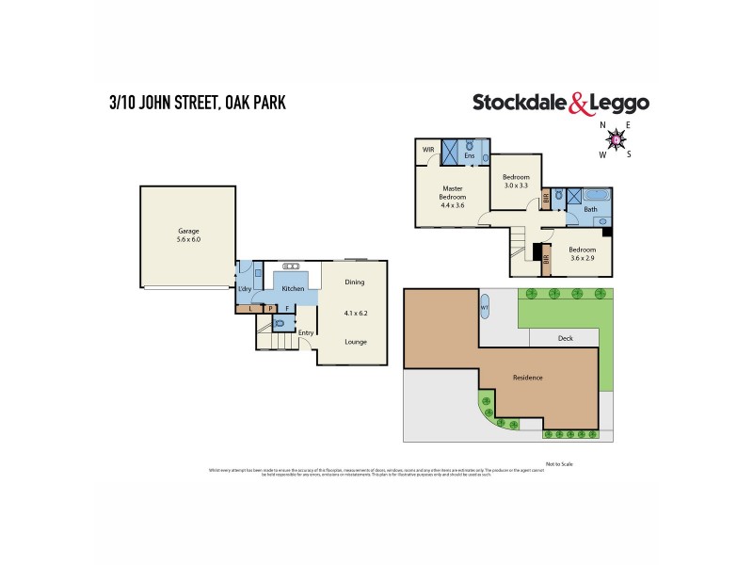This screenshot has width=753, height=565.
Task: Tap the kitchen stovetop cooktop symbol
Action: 288,266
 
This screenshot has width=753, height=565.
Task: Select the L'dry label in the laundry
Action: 245,287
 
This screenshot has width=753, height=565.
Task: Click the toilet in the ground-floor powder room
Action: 279,322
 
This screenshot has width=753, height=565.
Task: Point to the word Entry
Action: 306,332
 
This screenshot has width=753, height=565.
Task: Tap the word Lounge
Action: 354,341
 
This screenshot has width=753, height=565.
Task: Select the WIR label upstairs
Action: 427,150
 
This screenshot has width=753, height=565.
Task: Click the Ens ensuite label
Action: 469,155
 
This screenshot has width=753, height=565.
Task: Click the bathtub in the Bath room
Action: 595,196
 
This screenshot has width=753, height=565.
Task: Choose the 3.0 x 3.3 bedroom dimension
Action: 516,186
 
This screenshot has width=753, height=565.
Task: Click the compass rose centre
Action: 617,140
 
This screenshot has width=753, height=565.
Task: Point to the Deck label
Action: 565,338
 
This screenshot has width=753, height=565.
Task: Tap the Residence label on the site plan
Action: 527,378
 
